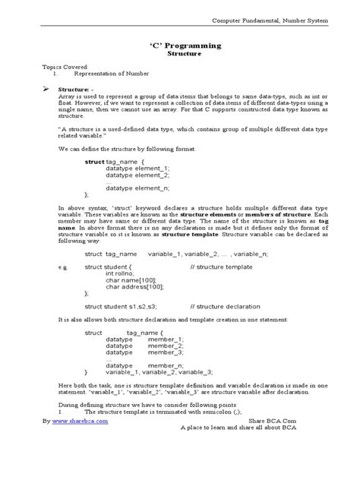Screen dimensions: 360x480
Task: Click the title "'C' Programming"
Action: pyautogui.click(x=179, y=46)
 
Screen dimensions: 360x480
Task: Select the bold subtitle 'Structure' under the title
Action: pyautogui.click(x=180, y=54)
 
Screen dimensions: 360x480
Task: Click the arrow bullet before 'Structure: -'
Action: pyautogui.click(x=46, y=88)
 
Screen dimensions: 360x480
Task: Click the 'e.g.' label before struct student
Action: pyautogui.click(x=63, y=267)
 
